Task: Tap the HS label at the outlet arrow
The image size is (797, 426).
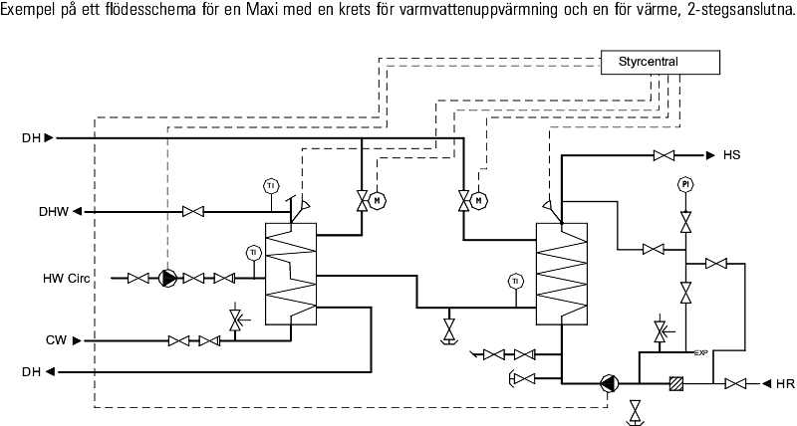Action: click(x=732, y=155)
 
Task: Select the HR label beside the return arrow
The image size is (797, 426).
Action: click(x=784, y=383)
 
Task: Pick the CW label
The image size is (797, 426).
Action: click(x=56, y=340)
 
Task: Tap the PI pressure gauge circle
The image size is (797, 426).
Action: click(x=685, y=184)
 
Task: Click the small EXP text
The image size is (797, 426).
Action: click(x=700, y=352)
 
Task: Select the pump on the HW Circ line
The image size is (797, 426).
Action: click(x=168, y=278)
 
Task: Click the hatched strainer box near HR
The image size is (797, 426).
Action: click(x=675, y=383)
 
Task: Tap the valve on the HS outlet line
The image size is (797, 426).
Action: click(x=663, y=155)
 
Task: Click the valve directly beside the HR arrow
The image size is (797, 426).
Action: click(x=735, y=383)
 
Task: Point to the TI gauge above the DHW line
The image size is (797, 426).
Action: click(x=270, y=185)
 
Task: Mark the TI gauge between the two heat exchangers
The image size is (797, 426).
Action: click(x=515, y=281)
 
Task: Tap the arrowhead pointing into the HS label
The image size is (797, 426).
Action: click(x=710, y=155)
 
